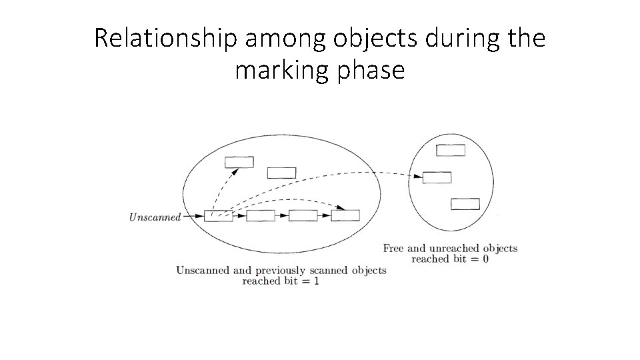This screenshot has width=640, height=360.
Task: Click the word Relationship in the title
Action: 165,39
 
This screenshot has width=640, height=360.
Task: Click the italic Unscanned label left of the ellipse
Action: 155,217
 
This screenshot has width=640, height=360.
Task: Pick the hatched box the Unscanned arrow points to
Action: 218,215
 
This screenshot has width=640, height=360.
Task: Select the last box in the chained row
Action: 345,215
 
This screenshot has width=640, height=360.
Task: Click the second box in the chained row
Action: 260,215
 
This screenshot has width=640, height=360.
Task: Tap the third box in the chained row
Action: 303,215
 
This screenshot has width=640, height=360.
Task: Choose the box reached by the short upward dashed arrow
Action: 239,161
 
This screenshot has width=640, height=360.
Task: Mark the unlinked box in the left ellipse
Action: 281,173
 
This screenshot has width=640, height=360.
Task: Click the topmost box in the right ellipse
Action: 451,150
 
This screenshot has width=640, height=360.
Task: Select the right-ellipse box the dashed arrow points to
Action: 437,177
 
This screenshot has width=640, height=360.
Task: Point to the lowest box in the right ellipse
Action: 465,203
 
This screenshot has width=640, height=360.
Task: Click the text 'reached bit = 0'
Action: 450,259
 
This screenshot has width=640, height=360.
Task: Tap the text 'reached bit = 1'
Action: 281,281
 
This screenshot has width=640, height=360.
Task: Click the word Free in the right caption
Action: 393,249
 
